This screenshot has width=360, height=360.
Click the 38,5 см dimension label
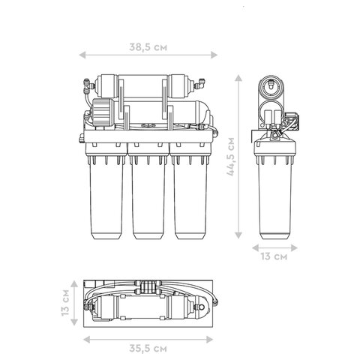pyautogui.click(x=148, y=47)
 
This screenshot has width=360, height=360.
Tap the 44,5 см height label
pyautogui.click(x=231, y=157)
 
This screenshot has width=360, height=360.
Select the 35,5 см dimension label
pyautogui.click(x=148, y=348)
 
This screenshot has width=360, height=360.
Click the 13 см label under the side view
pyautogui.click(x=274, y=256)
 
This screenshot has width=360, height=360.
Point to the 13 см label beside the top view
pyautogui.click(x=65, y=303)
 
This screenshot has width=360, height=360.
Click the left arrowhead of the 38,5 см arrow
pyautogui.click(x=82, y=55)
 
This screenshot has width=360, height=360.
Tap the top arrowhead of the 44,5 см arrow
pyautogui.click(x=238, y=78)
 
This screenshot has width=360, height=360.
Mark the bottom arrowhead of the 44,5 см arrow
pyautogui.click(x=238, y=235)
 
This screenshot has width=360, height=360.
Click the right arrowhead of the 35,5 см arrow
pyautogui.click(x=209, y=340)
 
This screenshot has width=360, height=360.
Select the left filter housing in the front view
pyautogui.click(x=106, y=191)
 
